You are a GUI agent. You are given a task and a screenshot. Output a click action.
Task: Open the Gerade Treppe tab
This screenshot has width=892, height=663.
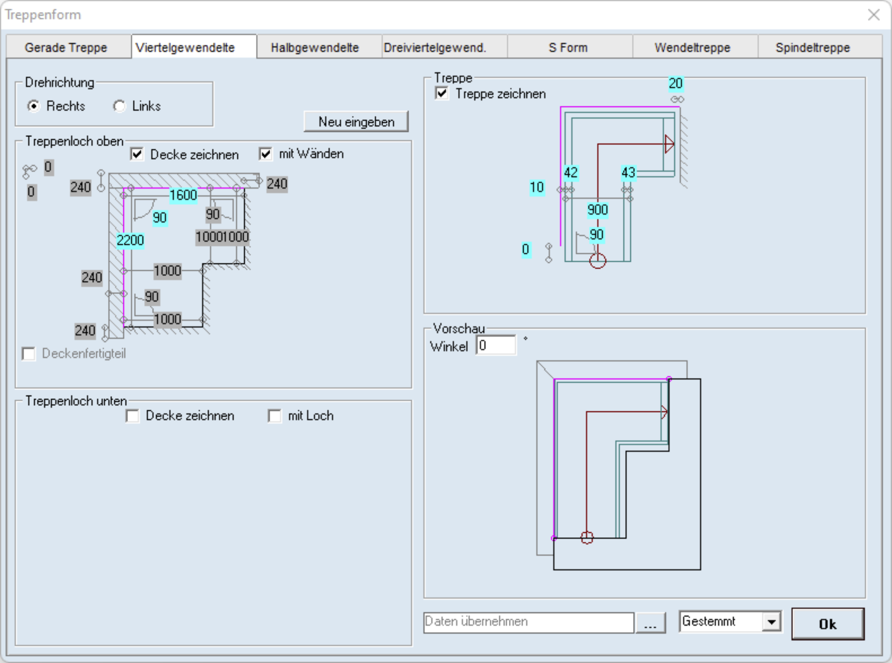[x=66, y=47]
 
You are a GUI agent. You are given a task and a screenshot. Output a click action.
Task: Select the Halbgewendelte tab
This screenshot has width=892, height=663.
[x=315, y=47]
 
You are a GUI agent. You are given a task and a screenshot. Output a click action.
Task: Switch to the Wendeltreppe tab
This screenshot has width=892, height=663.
[x=693, y=47]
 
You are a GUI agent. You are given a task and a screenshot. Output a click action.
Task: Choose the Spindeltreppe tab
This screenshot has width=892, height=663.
[x=813, y=47]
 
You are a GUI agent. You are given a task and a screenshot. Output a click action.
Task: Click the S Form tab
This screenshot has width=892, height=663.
[x=568, y=47]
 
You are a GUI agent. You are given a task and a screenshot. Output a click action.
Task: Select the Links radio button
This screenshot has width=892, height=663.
[x=119, y=106]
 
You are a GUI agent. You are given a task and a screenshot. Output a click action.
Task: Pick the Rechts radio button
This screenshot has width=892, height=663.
[x=34, y=106]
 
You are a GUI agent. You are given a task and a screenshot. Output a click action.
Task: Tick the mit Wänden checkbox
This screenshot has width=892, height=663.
[x=266, y=154]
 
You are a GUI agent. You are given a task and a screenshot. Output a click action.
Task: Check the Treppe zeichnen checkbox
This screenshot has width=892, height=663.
[x=442, y=94]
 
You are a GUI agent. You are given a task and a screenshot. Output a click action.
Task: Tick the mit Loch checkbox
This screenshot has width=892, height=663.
[x=274, y=416]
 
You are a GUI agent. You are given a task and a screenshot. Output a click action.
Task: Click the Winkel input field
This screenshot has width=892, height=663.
[x=496, y=345]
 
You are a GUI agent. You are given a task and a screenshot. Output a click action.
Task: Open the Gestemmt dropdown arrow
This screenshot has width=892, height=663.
[x=771, y=622]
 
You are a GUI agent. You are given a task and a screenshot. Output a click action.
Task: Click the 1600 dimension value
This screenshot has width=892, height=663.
[x=183, y=196]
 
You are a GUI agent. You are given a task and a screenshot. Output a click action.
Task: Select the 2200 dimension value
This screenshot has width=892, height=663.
[x=130, y=241]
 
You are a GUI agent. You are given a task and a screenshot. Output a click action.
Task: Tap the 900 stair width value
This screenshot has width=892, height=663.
[x=598, y=210]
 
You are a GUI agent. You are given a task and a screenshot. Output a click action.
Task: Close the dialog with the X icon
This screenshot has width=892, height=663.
[x=874, y=15]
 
